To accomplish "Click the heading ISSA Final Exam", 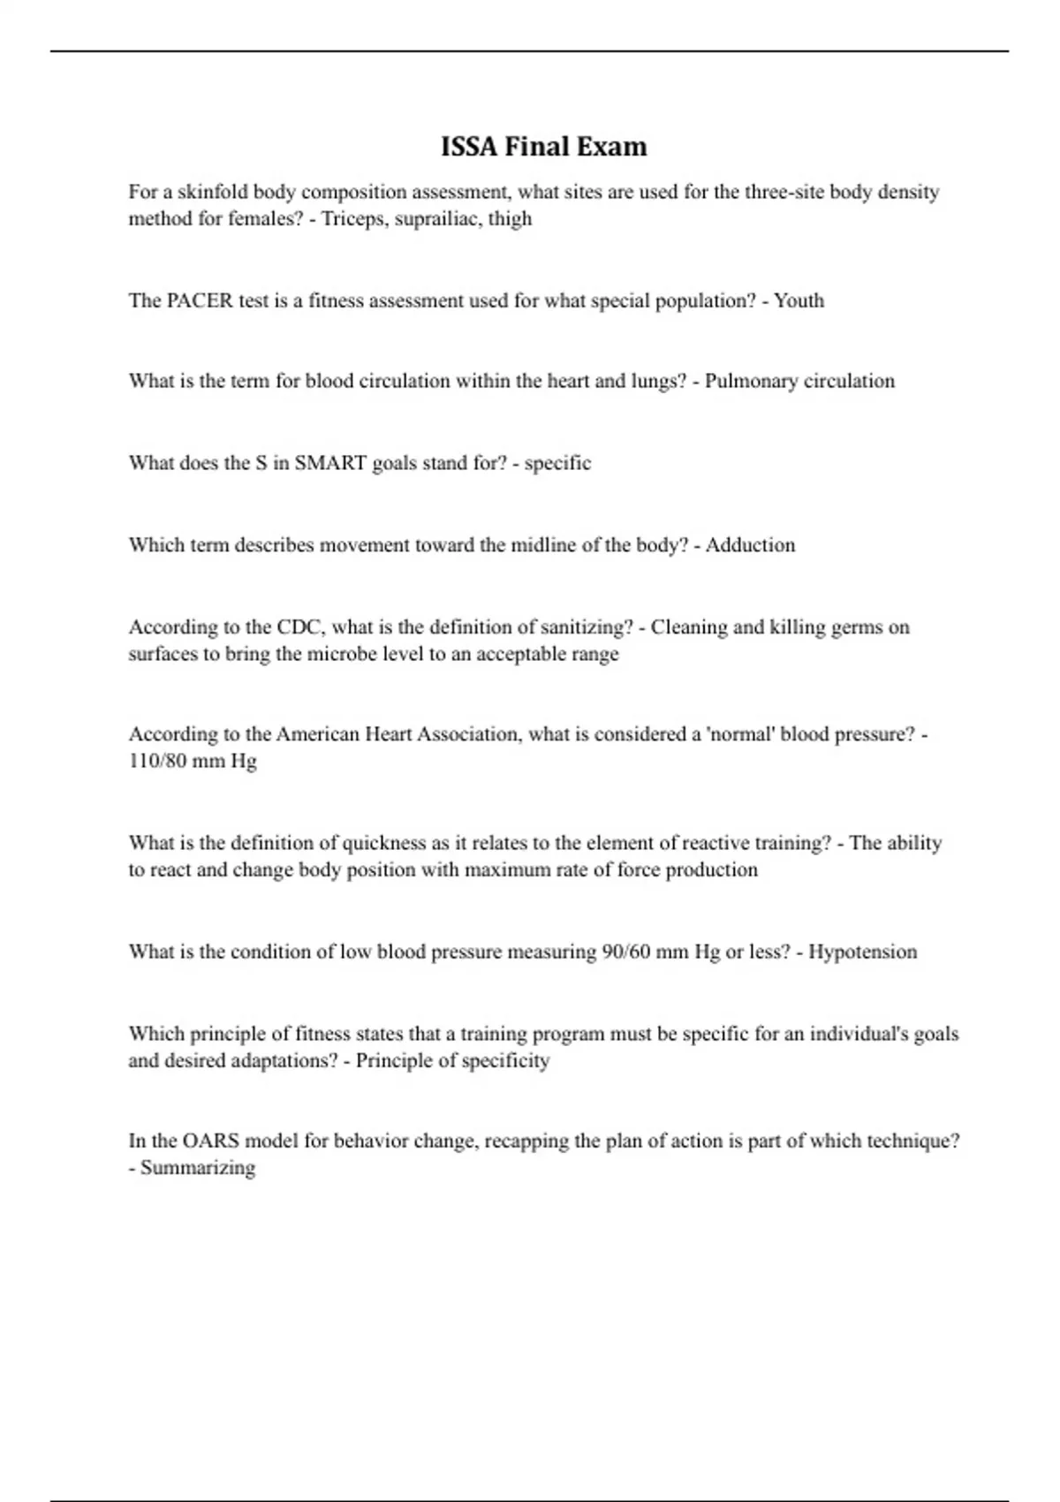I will (x=543, y=146).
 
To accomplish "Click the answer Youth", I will (x=799, y=300).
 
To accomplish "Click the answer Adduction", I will (x=750, y=545).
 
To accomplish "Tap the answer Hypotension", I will (x=862, y=952).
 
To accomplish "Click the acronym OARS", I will (x=210, y=1141).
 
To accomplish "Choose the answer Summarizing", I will (x=198, y=1168).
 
